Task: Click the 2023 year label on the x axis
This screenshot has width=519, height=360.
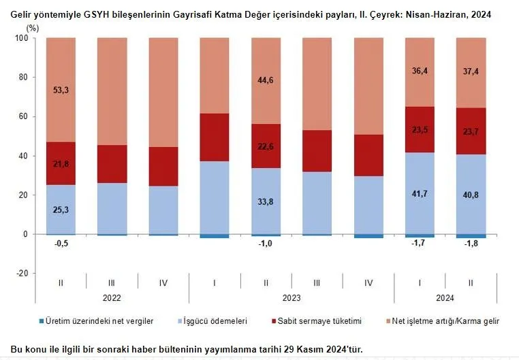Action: [x=292, y=297]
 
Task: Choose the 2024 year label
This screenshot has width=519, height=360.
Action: [x=445, y=297]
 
